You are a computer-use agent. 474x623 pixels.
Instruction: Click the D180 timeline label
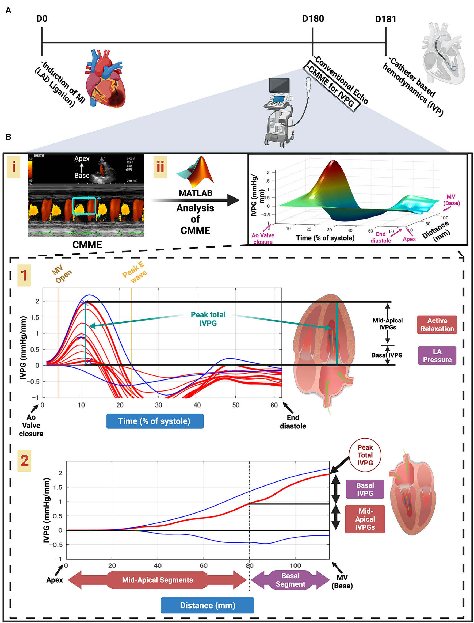313,19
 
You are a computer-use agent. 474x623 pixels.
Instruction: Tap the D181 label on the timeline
385,19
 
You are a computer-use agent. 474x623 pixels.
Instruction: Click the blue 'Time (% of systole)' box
155,421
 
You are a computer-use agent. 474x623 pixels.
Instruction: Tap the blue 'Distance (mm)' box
207,606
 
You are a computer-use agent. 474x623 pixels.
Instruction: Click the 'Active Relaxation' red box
437,325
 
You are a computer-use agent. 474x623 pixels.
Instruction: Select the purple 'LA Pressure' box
437,355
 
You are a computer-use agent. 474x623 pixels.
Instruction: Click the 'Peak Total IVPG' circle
365,455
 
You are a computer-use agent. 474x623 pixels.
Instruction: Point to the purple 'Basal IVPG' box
365,489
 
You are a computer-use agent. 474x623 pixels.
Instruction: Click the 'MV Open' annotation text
62,274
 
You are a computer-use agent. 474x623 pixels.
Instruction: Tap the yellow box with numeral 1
24,275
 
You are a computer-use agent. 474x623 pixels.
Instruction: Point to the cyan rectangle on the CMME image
84,206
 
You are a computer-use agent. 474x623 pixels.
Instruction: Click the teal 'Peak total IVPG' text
208,319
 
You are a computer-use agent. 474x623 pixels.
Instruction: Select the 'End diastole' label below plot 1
293,422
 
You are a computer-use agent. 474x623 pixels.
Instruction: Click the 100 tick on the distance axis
295,565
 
